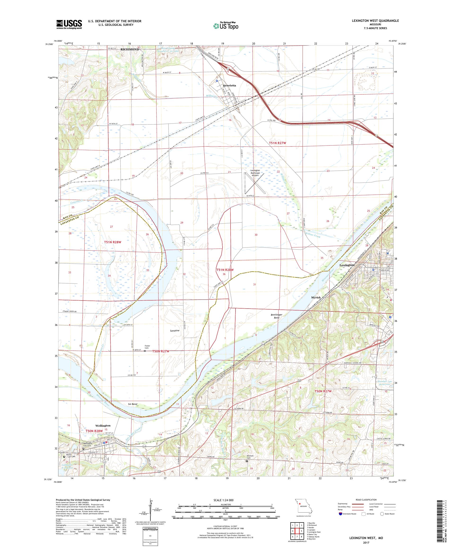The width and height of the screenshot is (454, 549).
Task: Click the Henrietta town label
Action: click(x=229, y=85)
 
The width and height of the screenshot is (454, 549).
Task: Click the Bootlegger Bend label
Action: click(x=276, y=316)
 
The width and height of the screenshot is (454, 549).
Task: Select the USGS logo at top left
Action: click(x=69, y=25)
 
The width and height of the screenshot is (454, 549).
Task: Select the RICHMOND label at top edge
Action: click(x=129, y=49)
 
